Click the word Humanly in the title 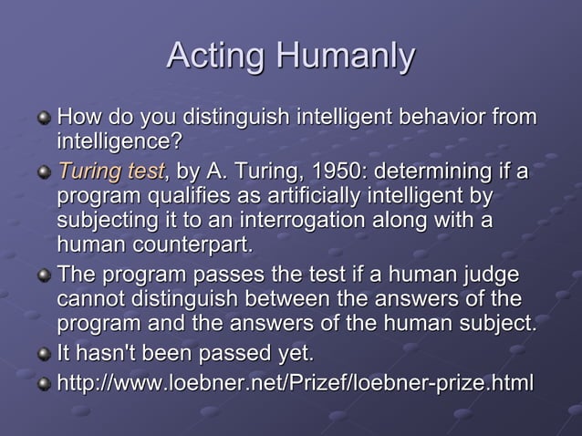(x=346, y=57)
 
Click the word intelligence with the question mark (x=119, y=143)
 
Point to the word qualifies (x=191, y=196)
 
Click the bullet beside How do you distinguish (x=43, y=119)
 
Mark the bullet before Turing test (x=43, y=171)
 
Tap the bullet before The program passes (x=43, y=275)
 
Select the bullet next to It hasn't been (x=43, y=354)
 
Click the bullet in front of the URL (x=43, y=383)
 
